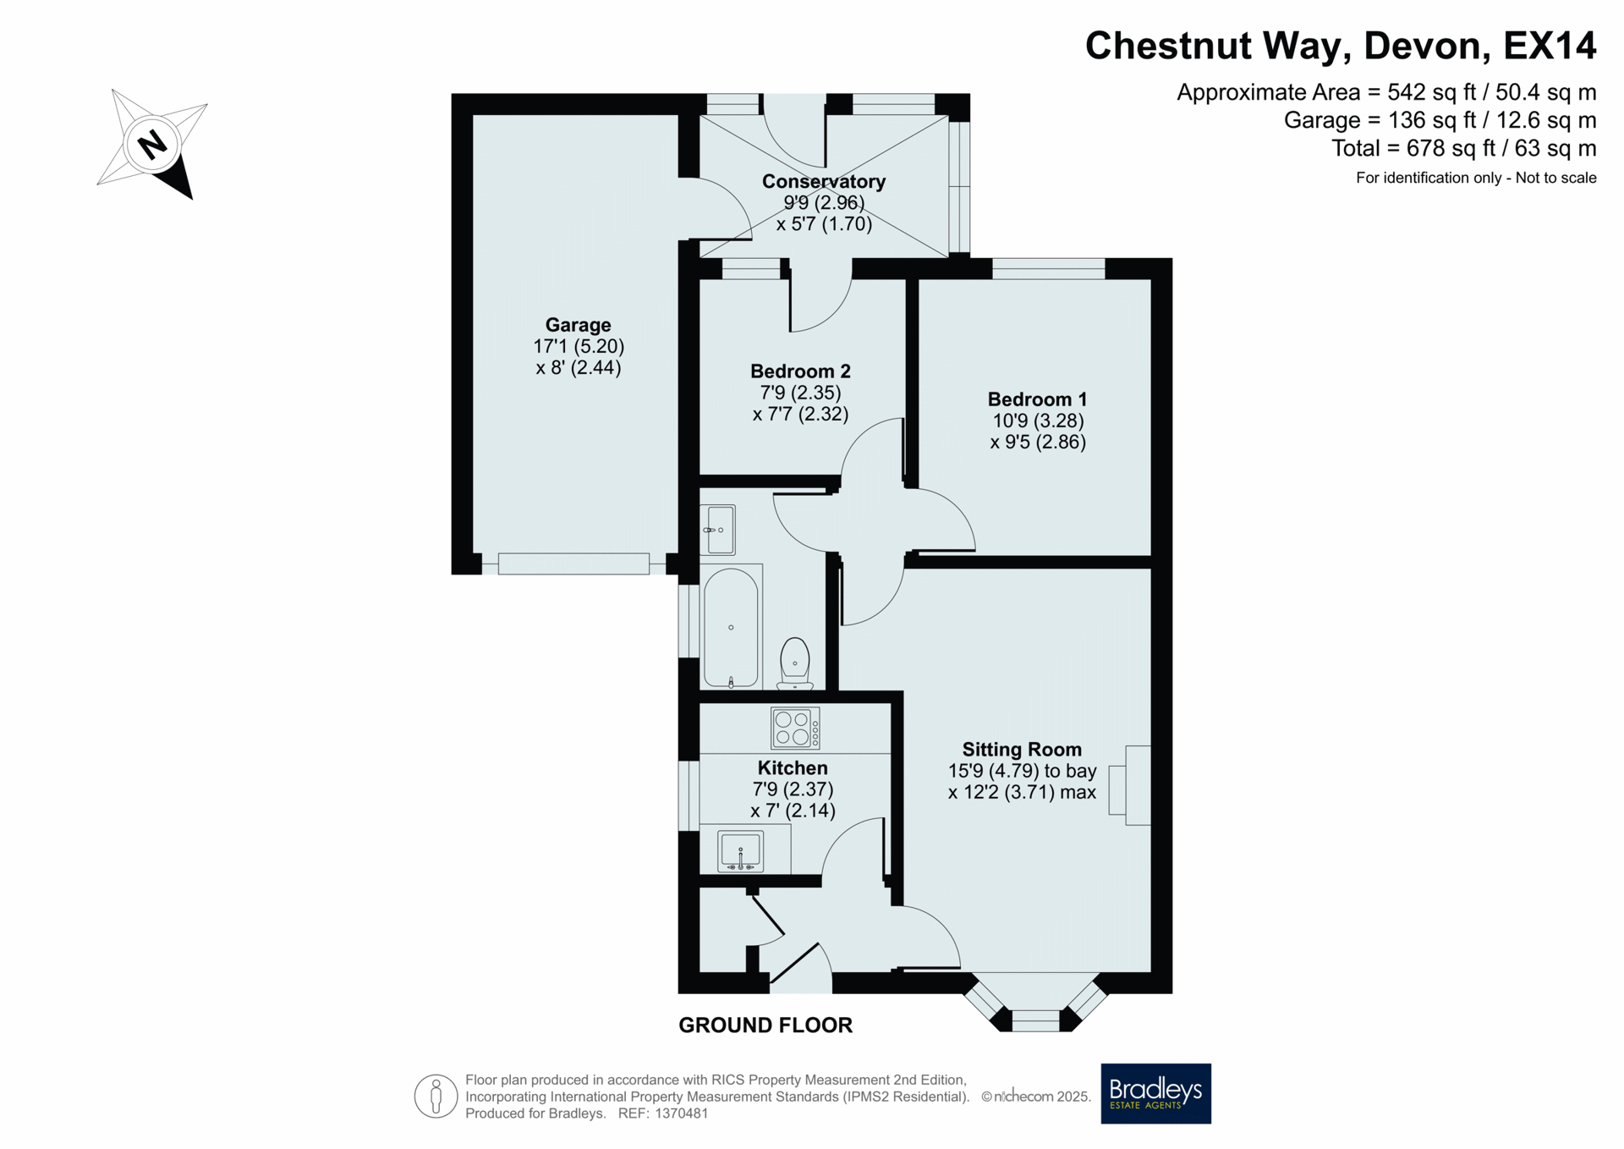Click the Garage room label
578,325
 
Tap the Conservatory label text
823,181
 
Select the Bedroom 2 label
800,371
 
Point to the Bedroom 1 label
1037,399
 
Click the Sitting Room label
1022,750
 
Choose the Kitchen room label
793,768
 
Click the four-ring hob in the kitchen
795,728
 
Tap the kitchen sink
740,851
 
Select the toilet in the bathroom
794,663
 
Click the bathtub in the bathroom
731,627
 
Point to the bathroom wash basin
718,530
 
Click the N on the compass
152,144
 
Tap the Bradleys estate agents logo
1155,1093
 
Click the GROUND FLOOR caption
765,1025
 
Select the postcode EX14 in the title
1550,46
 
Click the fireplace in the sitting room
1130,785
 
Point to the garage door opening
573,564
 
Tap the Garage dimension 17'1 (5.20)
579,346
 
